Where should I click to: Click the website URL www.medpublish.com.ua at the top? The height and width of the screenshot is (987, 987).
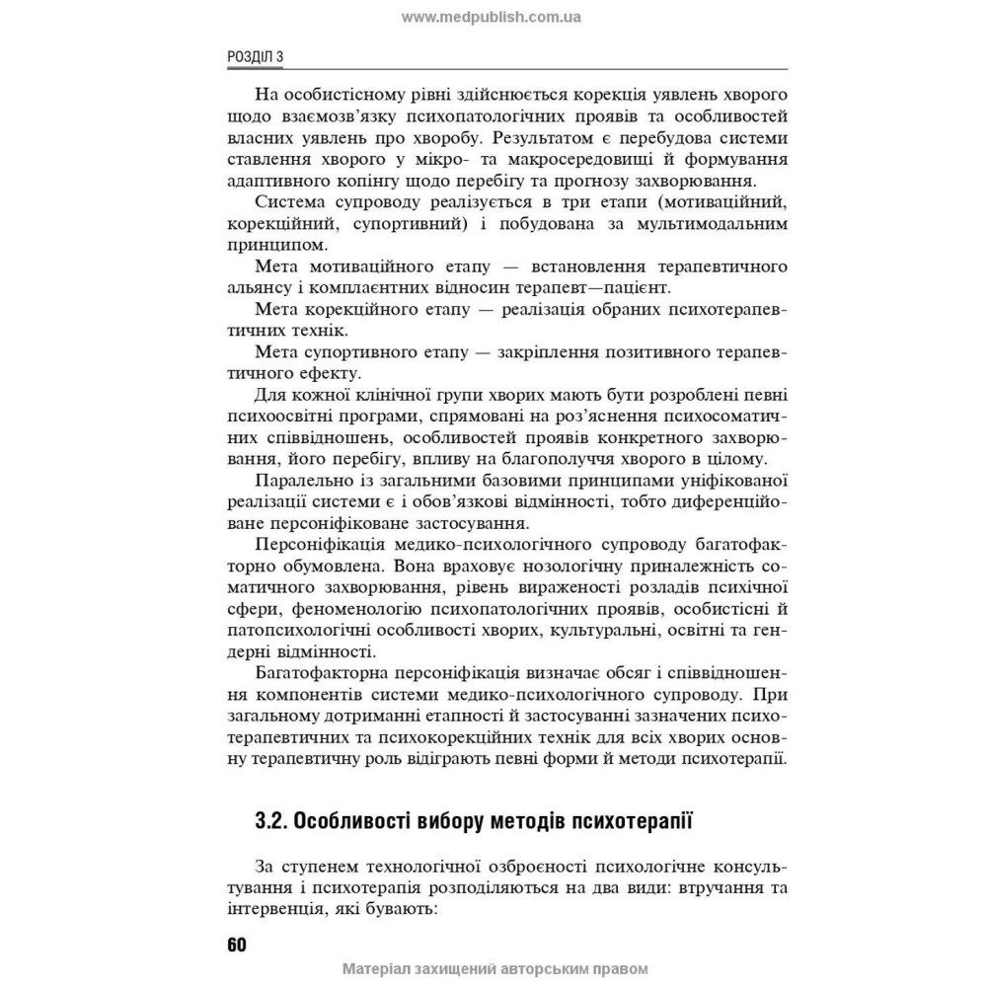tap(492, 17)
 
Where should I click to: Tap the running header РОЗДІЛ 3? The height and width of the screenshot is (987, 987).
tap(255, 57)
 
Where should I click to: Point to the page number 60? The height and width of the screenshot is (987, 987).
tap(236, 944)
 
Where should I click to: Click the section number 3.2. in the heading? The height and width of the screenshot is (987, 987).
tap(272, 820)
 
